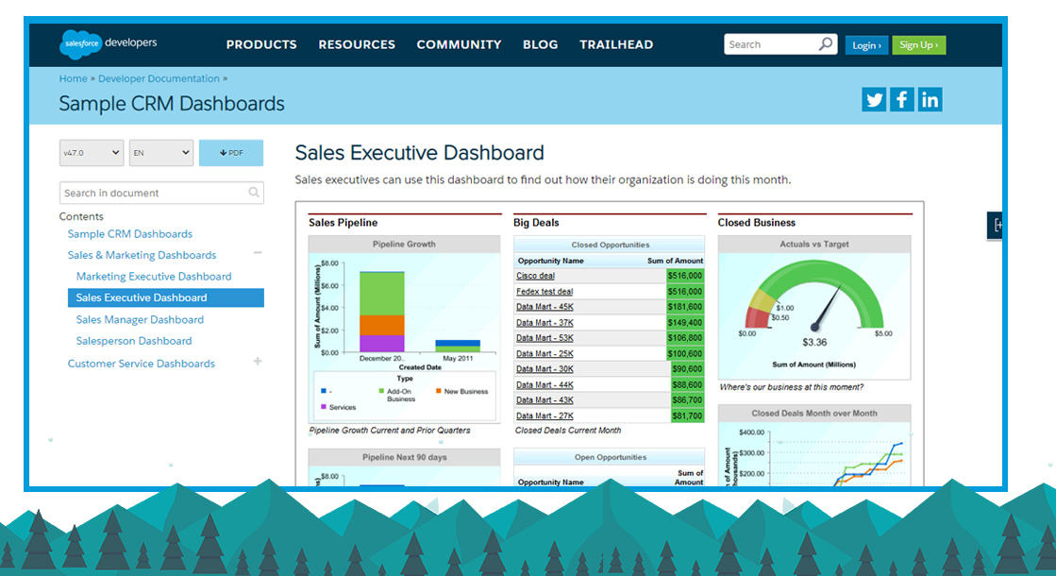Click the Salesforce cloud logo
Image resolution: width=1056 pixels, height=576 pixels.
(x=79, y=43)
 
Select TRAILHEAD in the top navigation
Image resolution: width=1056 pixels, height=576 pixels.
(x=616, y=44)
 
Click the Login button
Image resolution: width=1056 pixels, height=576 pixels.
(x=866, y=45)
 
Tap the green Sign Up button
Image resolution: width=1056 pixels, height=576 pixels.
(x=918, y=45)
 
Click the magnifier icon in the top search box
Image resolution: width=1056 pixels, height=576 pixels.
(x=826, y=44)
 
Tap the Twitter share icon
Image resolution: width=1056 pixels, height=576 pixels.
(x=874, y=99)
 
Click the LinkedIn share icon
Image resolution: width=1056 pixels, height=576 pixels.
(x=930, y=99)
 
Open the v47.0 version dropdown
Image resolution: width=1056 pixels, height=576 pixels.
(x=92, y=152)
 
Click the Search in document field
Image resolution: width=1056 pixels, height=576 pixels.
(x=153, y=193)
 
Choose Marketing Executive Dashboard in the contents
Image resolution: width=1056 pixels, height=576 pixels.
(x=154, y=277)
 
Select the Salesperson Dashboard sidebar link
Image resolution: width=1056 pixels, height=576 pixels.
(x=134, y=341)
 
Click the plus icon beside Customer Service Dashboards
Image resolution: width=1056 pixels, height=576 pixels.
(x=258, y=362)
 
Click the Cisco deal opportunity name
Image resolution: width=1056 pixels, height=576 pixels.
(x=535, y=276)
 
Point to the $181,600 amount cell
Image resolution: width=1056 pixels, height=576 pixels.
(x=685, y=307)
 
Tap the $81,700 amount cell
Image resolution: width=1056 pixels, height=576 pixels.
(x=687, y=415)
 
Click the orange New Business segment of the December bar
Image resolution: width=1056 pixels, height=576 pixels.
(x=382, y=325)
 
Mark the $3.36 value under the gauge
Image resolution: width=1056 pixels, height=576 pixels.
(x=814, y=342)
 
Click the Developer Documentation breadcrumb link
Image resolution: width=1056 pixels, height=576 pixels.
(x=159, y=78)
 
